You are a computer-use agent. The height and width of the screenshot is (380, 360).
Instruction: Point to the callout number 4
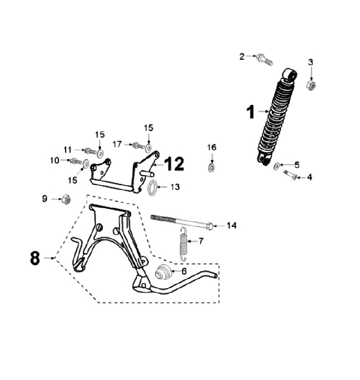(309, 177)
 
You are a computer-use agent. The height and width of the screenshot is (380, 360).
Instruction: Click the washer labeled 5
(277, 166)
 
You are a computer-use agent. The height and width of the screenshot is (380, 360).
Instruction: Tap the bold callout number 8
(35, 258)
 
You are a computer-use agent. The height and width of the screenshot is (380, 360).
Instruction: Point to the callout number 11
(67, 149)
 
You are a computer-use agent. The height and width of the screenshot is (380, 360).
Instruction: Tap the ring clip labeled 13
(154, 188)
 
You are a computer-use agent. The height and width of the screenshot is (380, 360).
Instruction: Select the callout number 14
(231, 226)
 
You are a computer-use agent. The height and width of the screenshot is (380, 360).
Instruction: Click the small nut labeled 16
(211, 166)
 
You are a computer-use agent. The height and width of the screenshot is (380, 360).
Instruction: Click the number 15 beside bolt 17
(149, 128)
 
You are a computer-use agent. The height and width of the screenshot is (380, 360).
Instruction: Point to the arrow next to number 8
(49, 258)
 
